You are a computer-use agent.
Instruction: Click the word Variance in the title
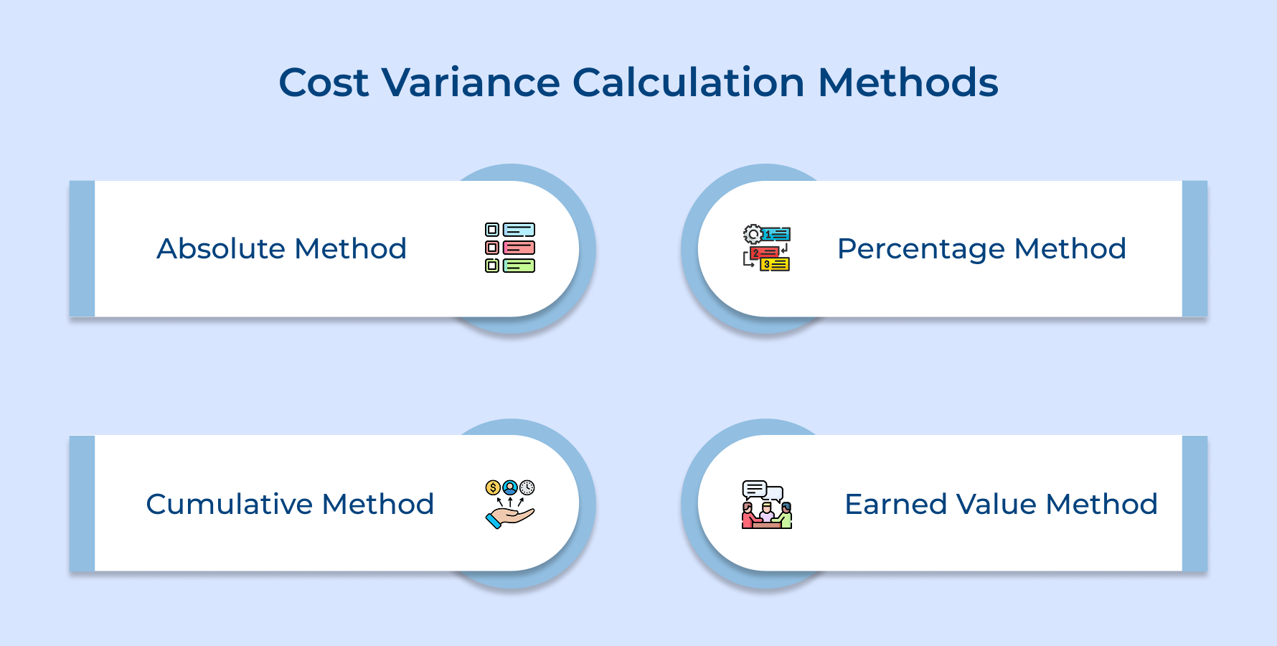(x=470, y=83)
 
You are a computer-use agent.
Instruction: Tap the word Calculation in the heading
(x=688, y=83)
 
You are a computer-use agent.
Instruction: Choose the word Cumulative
(x=230, y=504)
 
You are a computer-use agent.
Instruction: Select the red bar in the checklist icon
(x=519, y=248)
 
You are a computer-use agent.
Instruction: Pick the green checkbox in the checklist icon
(x=492, y=266)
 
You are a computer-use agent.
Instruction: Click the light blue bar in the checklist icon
(x=519, y=230)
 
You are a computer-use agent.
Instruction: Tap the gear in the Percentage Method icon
(x=753, y=234)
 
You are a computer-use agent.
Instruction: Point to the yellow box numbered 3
(x=775, y=265)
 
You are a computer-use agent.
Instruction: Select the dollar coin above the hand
(x=493, y=488)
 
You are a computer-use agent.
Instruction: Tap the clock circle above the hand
(x=527, y=488)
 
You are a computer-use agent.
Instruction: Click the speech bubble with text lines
(x=754, y=490)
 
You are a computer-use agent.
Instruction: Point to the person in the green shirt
(x=786, y=517)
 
